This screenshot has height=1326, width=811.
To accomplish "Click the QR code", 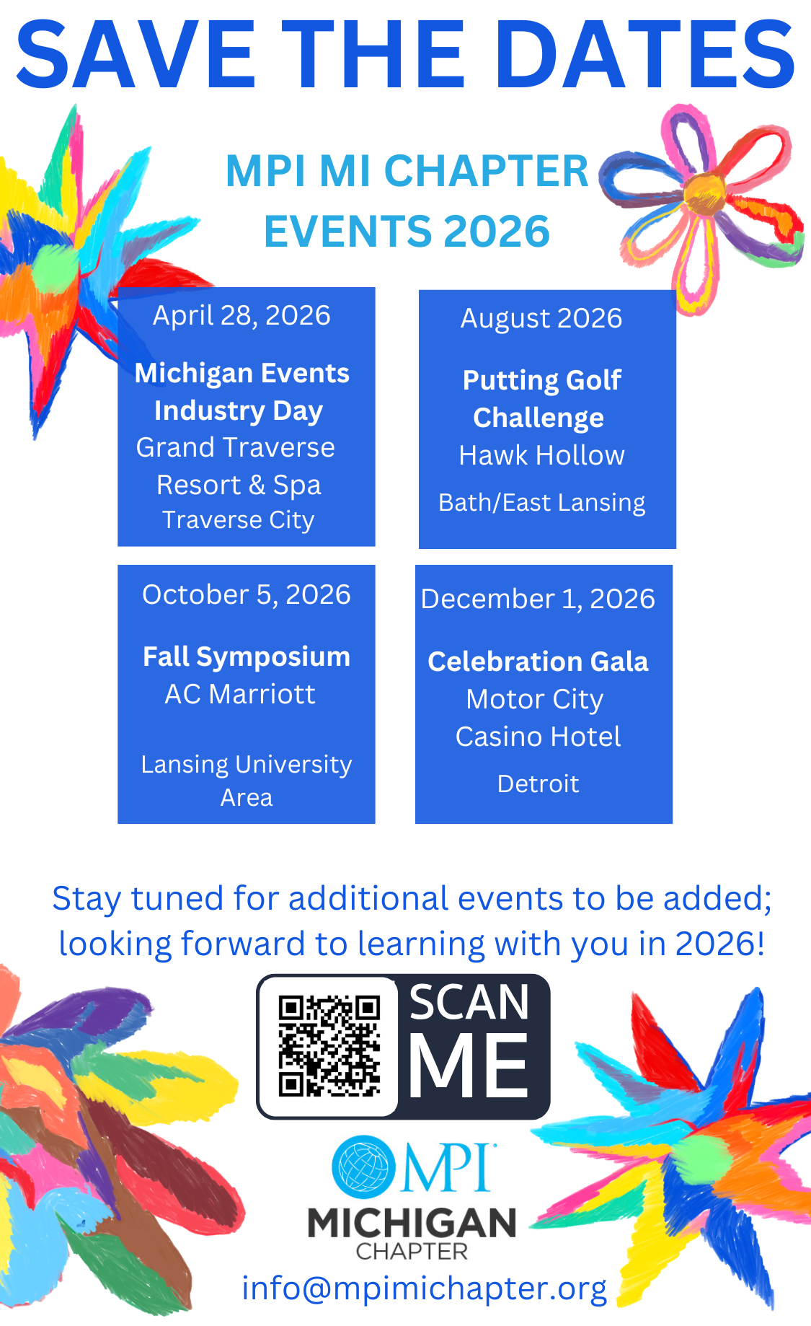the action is coord(329,1046).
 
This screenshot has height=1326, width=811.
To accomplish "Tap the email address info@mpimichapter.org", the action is coord(424,1289).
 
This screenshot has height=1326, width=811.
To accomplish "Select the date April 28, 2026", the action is coord(241,316).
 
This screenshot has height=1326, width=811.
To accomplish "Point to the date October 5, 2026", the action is coord(247,594).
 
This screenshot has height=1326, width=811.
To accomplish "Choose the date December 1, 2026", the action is coord(538,599).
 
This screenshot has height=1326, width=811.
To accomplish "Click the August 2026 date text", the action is coord(541,319).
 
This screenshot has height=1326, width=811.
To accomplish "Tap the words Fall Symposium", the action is coord(247,657).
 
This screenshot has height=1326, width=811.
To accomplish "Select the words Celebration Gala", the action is coord(538,662).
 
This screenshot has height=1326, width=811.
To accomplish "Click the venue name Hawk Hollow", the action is coord(541,455).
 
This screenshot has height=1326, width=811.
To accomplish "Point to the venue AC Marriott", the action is coord(240,694).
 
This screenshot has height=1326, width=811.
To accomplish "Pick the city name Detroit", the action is coord(538,784).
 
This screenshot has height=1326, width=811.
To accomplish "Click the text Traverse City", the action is coord(239,520).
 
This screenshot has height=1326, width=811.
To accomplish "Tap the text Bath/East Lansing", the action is coord(541,503).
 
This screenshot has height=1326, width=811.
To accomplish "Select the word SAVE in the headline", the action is coord(136,54).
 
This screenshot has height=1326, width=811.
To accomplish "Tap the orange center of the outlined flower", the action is coord(704,193).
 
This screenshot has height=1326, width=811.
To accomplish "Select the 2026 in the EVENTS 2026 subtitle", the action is coord(496,232).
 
